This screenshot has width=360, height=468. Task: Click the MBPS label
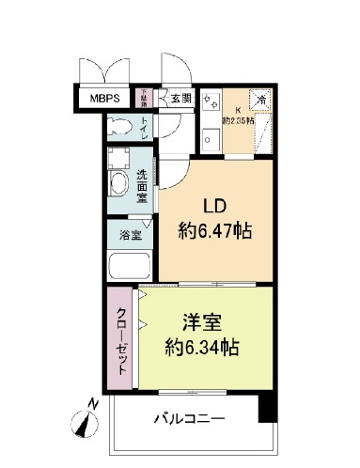click(x=105, y=98)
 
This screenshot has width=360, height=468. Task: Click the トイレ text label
click(x=144, y=127)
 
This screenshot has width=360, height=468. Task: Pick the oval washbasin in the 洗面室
click(x=120, y=185)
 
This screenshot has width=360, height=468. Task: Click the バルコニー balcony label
click(x=186, y=419)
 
